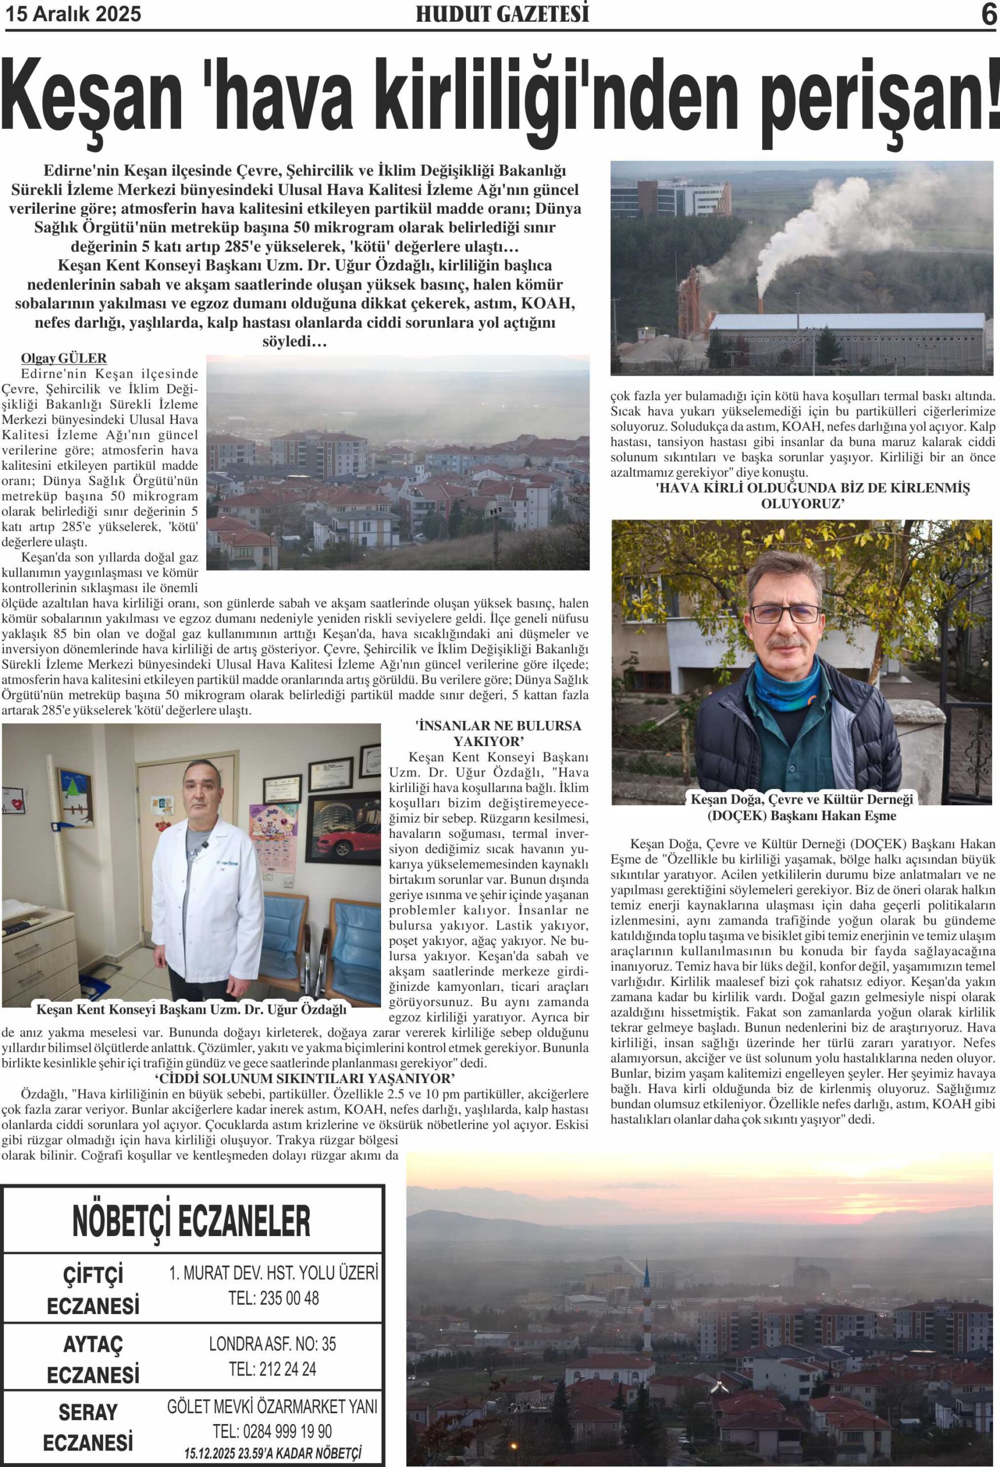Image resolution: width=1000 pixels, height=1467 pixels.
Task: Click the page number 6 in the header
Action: point(988,14)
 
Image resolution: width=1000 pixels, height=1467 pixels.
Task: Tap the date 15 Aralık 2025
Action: point(73,14)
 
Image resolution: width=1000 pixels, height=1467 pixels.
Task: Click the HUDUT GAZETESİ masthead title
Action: point(502,14)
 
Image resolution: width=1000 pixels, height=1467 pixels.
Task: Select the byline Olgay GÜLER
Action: point(64,359)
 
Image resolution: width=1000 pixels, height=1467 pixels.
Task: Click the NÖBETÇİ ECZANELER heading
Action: point(191,1221)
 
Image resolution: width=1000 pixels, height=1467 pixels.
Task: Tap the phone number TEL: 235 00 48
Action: point(273,1299)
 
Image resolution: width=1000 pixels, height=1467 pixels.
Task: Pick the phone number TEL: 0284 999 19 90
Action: point(272,1431)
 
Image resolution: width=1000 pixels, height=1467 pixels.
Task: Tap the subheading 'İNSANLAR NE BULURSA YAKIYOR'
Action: point(497,733)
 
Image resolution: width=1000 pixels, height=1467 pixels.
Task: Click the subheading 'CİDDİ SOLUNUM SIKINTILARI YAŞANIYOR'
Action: point(305,1077)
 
